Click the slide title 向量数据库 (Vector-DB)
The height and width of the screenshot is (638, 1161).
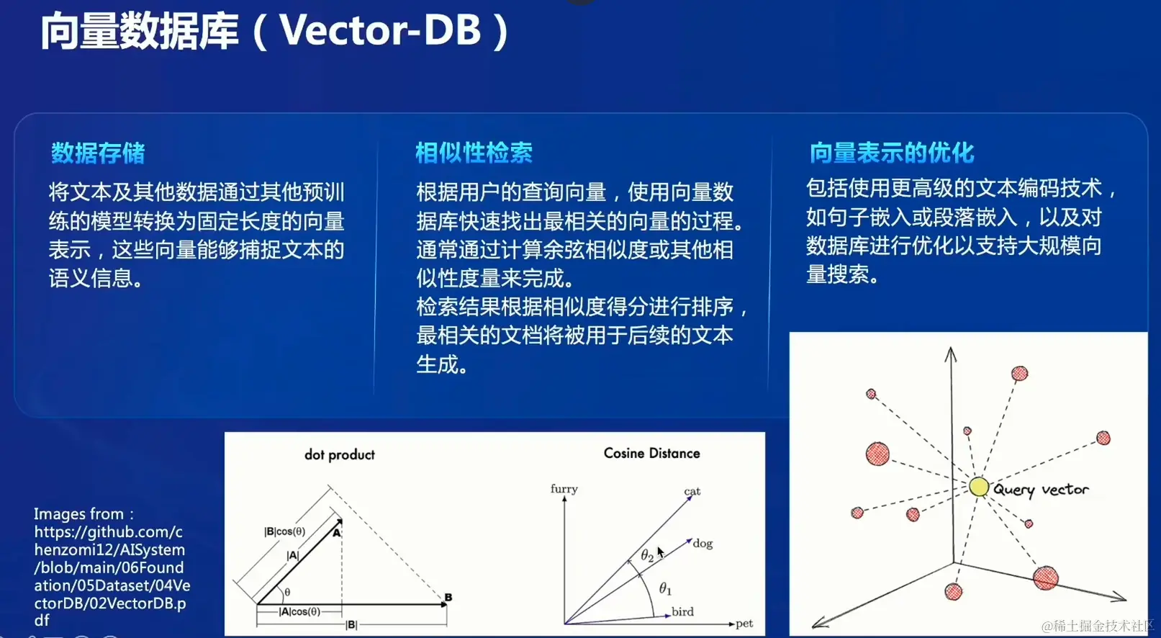[x=275, y=31]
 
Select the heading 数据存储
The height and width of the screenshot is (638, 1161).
[x=98, y=153]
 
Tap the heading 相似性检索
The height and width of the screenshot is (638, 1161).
[x=474, y=153]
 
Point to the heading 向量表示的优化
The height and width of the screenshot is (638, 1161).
[x=892, y=153]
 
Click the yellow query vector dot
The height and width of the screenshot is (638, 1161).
[x=979, y=487]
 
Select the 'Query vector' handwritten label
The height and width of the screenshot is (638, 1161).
[x=1041, y=490]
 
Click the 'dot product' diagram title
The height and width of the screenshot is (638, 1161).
[x=340, y=454]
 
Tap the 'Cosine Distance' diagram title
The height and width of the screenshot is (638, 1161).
[x=651, y=453]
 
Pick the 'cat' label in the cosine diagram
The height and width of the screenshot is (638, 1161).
[x=692, y=490]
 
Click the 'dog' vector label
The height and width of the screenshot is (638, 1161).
[x=703, y=543]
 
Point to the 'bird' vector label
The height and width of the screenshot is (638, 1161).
[x=682, y=611]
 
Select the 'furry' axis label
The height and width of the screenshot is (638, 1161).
[x=564, y=489]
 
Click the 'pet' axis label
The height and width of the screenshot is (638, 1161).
[x=744, y=624]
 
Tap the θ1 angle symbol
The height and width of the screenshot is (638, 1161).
[x=665, y=588]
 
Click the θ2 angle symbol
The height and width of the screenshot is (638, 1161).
[x=647, y=555]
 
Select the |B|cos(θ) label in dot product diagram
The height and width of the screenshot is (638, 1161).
[x=284, y=531]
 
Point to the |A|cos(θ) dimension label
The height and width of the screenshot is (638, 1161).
[x=299, y=611]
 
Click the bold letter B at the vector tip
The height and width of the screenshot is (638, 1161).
[x=448, y=597]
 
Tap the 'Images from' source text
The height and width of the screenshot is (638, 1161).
[x=83, y=514]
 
